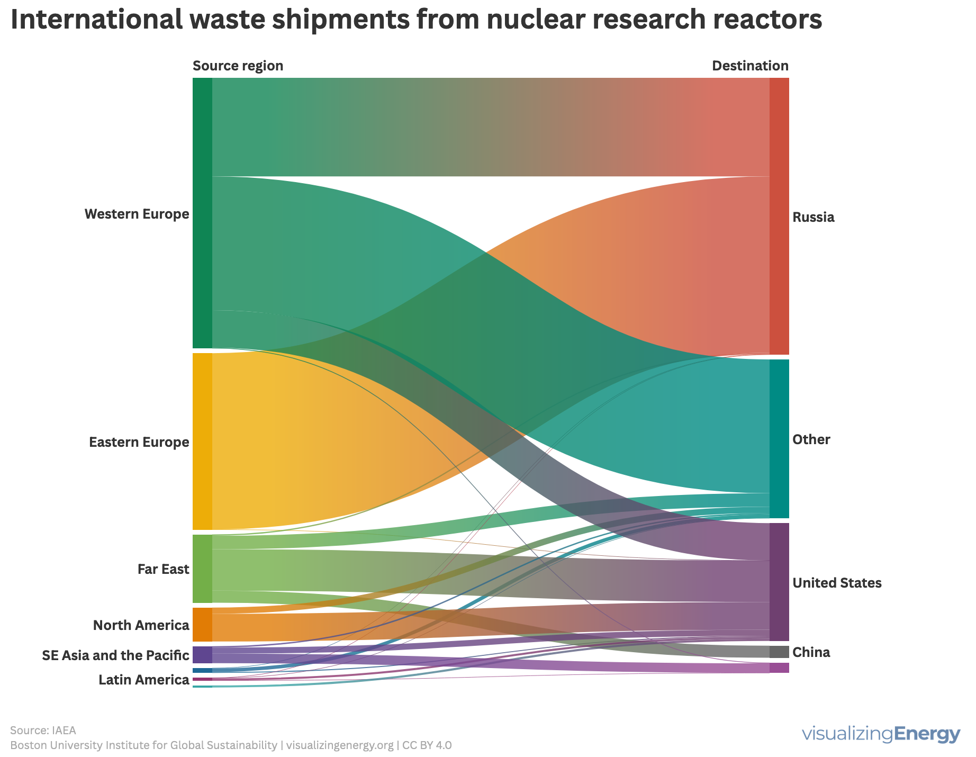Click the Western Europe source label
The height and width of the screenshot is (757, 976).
137,214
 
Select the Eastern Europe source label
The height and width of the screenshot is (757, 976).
139,442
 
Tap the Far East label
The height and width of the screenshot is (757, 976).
163,570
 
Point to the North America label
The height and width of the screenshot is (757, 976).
141,626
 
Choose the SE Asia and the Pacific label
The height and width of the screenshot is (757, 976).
115,656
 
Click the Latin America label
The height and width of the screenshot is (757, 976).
144,680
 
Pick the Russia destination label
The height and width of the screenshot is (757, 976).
814,217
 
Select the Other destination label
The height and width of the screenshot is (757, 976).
811,439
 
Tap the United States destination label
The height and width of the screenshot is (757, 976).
837,583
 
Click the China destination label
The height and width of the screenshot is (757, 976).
811,653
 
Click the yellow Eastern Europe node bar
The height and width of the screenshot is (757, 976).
202,441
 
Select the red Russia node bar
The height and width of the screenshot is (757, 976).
779,216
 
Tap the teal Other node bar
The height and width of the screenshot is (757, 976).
779,439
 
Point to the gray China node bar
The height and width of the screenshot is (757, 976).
779,652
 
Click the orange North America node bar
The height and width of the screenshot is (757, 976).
202,625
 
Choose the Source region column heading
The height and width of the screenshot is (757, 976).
238,66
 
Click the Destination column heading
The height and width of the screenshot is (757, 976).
750,66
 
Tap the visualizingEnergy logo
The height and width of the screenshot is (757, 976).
881,734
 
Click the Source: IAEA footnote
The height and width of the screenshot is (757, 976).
43,731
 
